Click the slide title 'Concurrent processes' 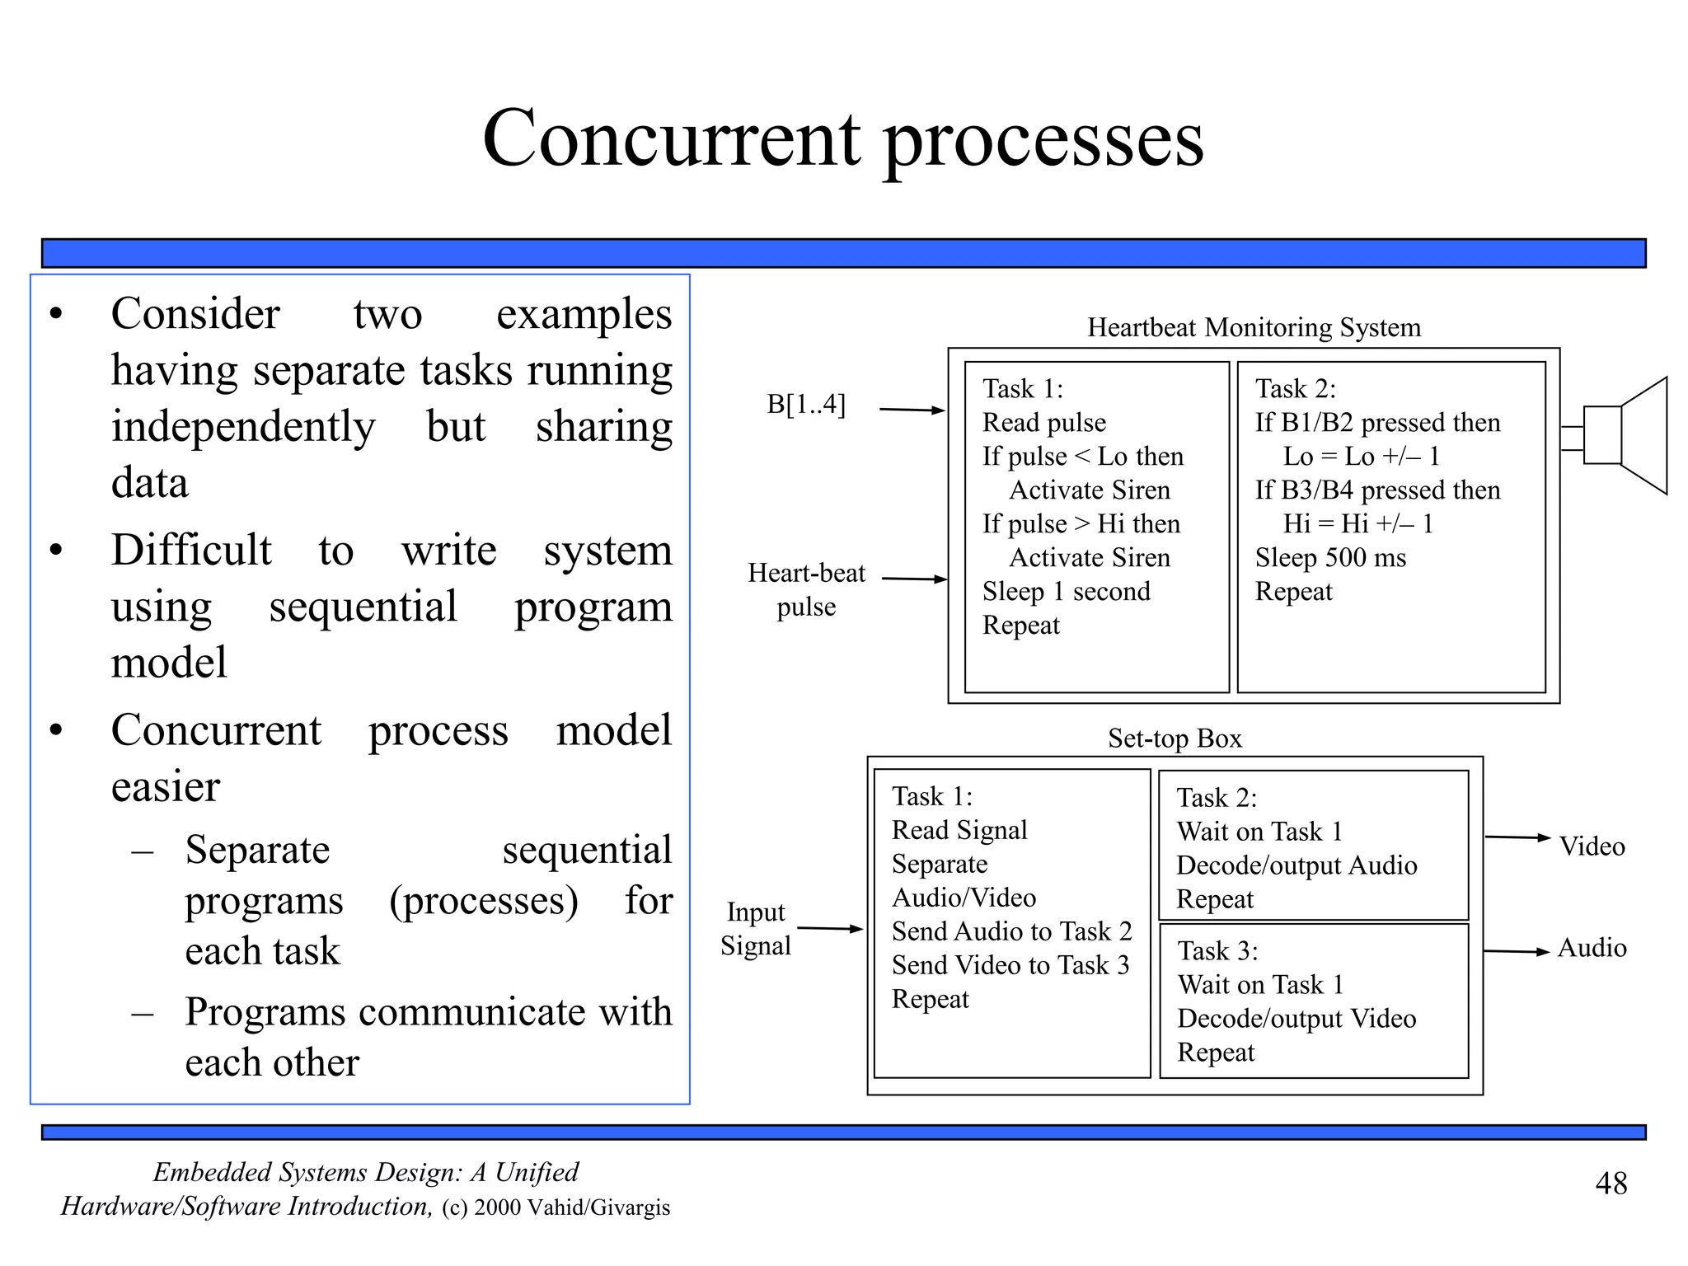[842, 138]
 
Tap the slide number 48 [1611, 1184]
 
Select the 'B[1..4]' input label [805, 405]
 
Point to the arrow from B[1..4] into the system [912, 410]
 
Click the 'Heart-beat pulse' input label [806, 589]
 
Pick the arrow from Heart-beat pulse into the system [914, 579]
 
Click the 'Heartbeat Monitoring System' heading [1254, 327]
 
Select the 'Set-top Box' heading [1174, 738]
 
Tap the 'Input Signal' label [755, 929]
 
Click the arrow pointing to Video [1517, 837]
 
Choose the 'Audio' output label [1592, 948]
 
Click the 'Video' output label [1592, 846]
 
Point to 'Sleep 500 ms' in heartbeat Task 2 [1330, 558]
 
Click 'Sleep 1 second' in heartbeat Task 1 [1066, 592]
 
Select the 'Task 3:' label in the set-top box [1217, 951]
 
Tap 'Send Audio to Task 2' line [1011, 931]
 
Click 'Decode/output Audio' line [1296, 865]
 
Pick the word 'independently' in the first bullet [243, 427]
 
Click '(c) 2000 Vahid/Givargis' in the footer [556, 1207]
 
